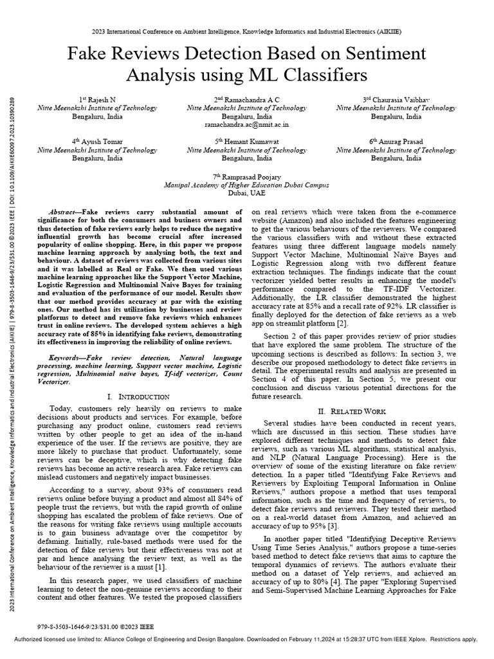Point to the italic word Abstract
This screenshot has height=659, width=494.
click(x=63, y=212)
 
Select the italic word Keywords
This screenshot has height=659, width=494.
click(x=64, y=357)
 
